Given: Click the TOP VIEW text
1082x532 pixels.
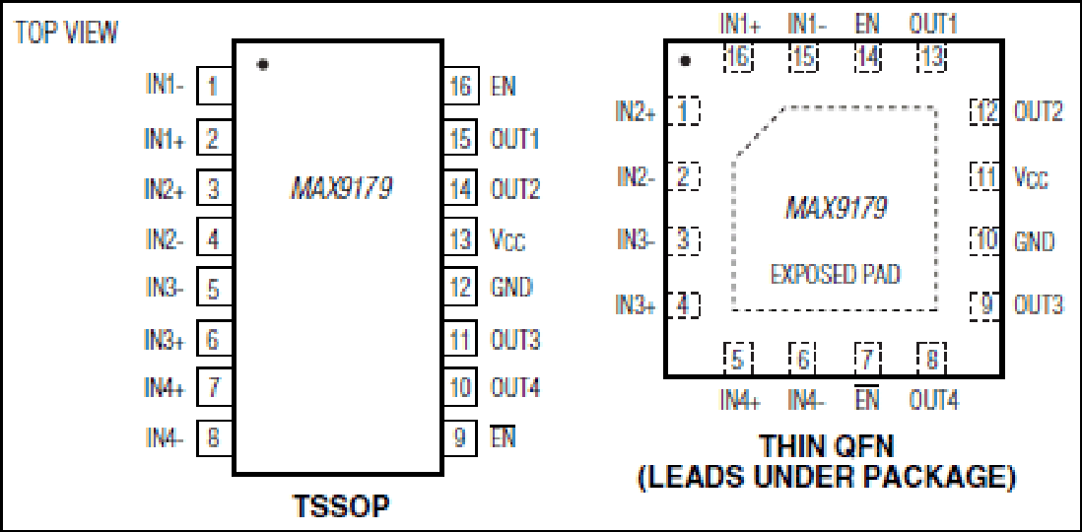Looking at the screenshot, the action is pyautogui.click(x=66, y=33).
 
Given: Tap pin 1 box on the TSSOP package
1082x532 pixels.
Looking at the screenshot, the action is pyautogui.click(x=215, y=87).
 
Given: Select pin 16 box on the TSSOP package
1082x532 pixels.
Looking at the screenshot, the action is pyautogui.click(x=460, y=87).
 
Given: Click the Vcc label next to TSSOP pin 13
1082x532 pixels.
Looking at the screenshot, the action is pyautogui.click(x=507, y=240).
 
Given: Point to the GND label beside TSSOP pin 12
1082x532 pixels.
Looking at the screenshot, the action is pyautogui.click(x=511, y=287).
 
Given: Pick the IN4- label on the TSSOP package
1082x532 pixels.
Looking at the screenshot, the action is pyautogui.click(x=165, y=436).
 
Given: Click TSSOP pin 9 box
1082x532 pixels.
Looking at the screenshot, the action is pyautogui.click(x=460, y=437).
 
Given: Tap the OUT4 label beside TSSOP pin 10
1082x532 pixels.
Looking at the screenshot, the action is pyautogui.click(x=514, y=388).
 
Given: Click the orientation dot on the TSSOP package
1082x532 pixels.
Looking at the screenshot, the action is pyautogui.click(x=262, y=65).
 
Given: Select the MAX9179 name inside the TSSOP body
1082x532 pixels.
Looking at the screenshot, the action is pyautogui.click(x=342, y=188).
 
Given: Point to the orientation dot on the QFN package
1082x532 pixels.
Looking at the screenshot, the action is pyautogui.click(x=685, y=61).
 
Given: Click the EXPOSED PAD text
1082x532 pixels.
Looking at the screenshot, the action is pyautogui.click(x=836, y=275).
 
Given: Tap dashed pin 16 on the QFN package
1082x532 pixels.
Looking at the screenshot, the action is pyautogui.click(x=738, y=57).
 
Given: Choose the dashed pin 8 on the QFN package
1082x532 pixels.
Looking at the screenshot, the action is pyautogui.click(x=931, y=359).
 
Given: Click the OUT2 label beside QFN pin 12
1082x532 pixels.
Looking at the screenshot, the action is pyautogui.click(x=1038, y=111).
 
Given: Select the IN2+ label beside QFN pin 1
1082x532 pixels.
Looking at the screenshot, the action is pyautogui.click(x=636, y=111).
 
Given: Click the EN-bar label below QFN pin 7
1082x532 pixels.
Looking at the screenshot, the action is pyautogui.click(x=867, y=398).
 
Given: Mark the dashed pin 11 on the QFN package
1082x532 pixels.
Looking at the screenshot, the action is pyautogui.click(x=984, y=176).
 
